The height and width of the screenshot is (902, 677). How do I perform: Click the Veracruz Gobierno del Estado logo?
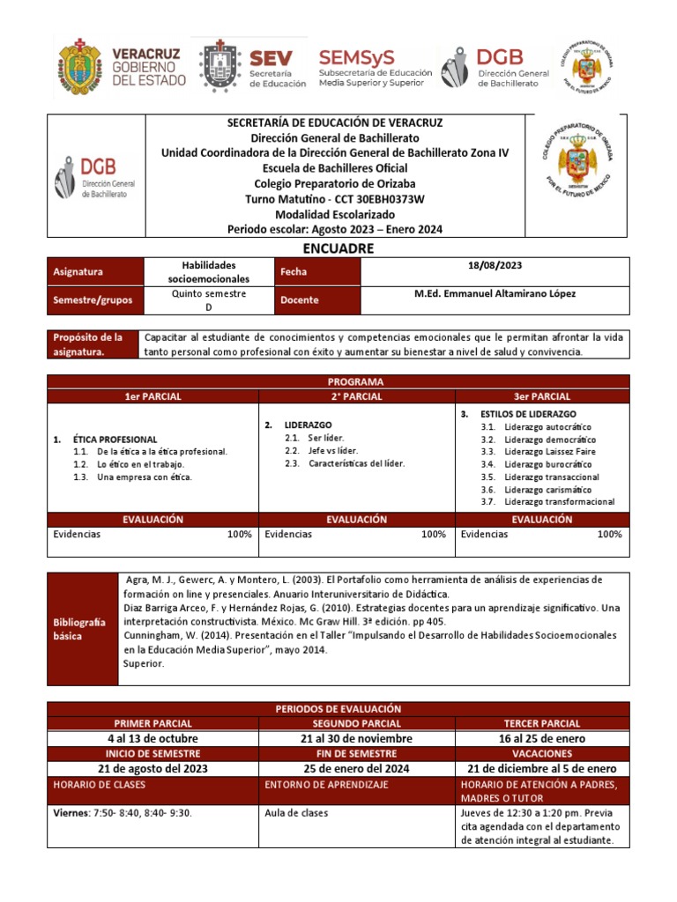pos(122,67)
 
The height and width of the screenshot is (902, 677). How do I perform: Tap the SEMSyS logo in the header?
pos(375,67)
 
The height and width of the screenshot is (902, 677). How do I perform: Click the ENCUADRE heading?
pos(338,248)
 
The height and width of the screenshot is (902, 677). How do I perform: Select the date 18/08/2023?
pos(495,265)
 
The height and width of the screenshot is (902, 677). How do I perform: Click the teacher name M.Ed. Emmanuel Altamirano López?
pos(495,293)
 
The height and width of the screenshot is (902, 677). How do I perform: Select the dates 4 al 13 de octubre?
pos(153,738)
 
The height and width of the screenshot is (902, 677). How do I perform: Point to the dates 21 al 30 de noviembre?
pos(356,738)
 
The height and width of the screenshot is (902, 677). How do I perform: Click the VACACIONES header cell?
pos(542,753)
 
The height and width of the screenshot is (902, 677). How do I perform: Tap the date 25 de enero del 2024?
pos(356,768)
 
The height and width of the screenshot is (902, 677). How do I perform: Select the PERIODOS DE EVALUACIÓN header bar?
pos(338,708)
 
